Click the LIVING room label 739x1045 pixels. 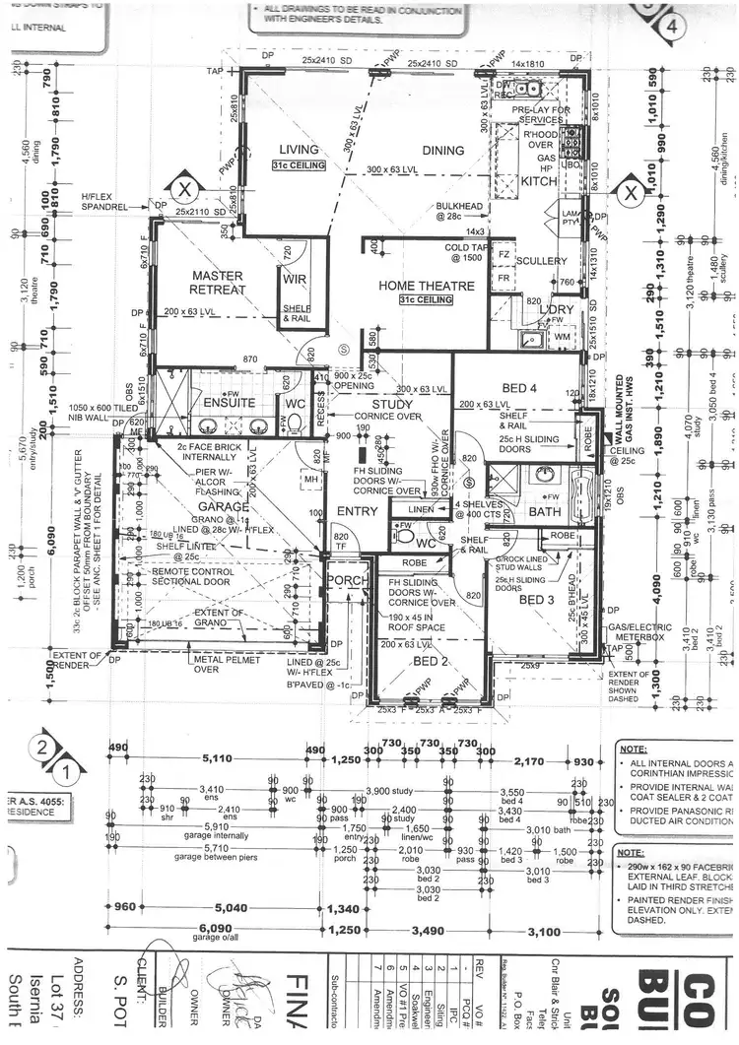(x=300, y=150)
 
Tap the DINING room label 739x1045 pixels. (x=442, y=150)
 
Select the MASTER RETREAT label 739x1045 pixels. (x=218, y=283)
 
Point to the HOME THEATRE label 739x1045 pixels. (x=427, y=286)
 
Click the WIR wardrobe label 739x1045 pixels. (x=296, y=280)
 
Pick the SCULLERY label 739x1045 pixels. (x=541, y=261)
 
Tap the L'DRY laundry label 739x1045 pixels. (x=556, y=309)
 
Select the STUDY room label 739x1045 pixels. (x=392, y=405)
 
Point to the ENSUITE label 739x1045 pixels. (x=230, y=403)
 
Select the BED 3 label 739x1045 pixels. (x=539, y=600)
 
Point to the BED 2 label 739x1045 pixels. (x=430, y=661)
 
